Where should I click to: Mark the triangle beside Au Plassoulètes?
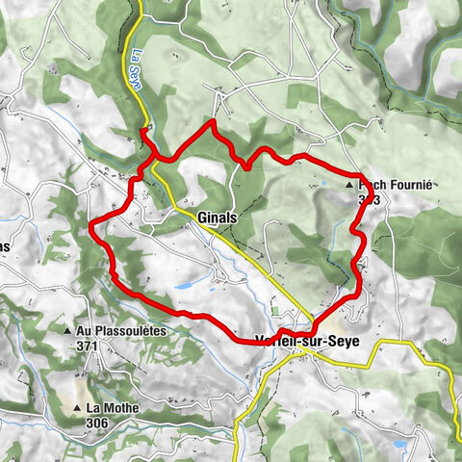[67, 331]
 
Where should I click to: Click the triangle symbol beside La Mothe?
[76, 408]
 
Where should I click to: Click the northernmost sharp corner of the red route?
[211, 123]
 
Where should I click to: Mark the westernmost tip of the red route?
[90, 226]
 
